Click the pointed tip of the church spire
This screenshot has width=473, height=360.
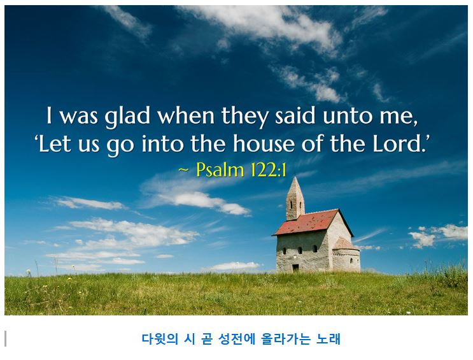point(294,178)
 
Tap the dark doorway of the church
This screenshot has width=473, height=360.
point(295,268)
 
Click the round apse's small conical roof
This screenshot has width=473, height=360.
point(344,243)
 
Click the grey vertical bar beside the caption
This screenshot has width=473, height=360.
point(6,339)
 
